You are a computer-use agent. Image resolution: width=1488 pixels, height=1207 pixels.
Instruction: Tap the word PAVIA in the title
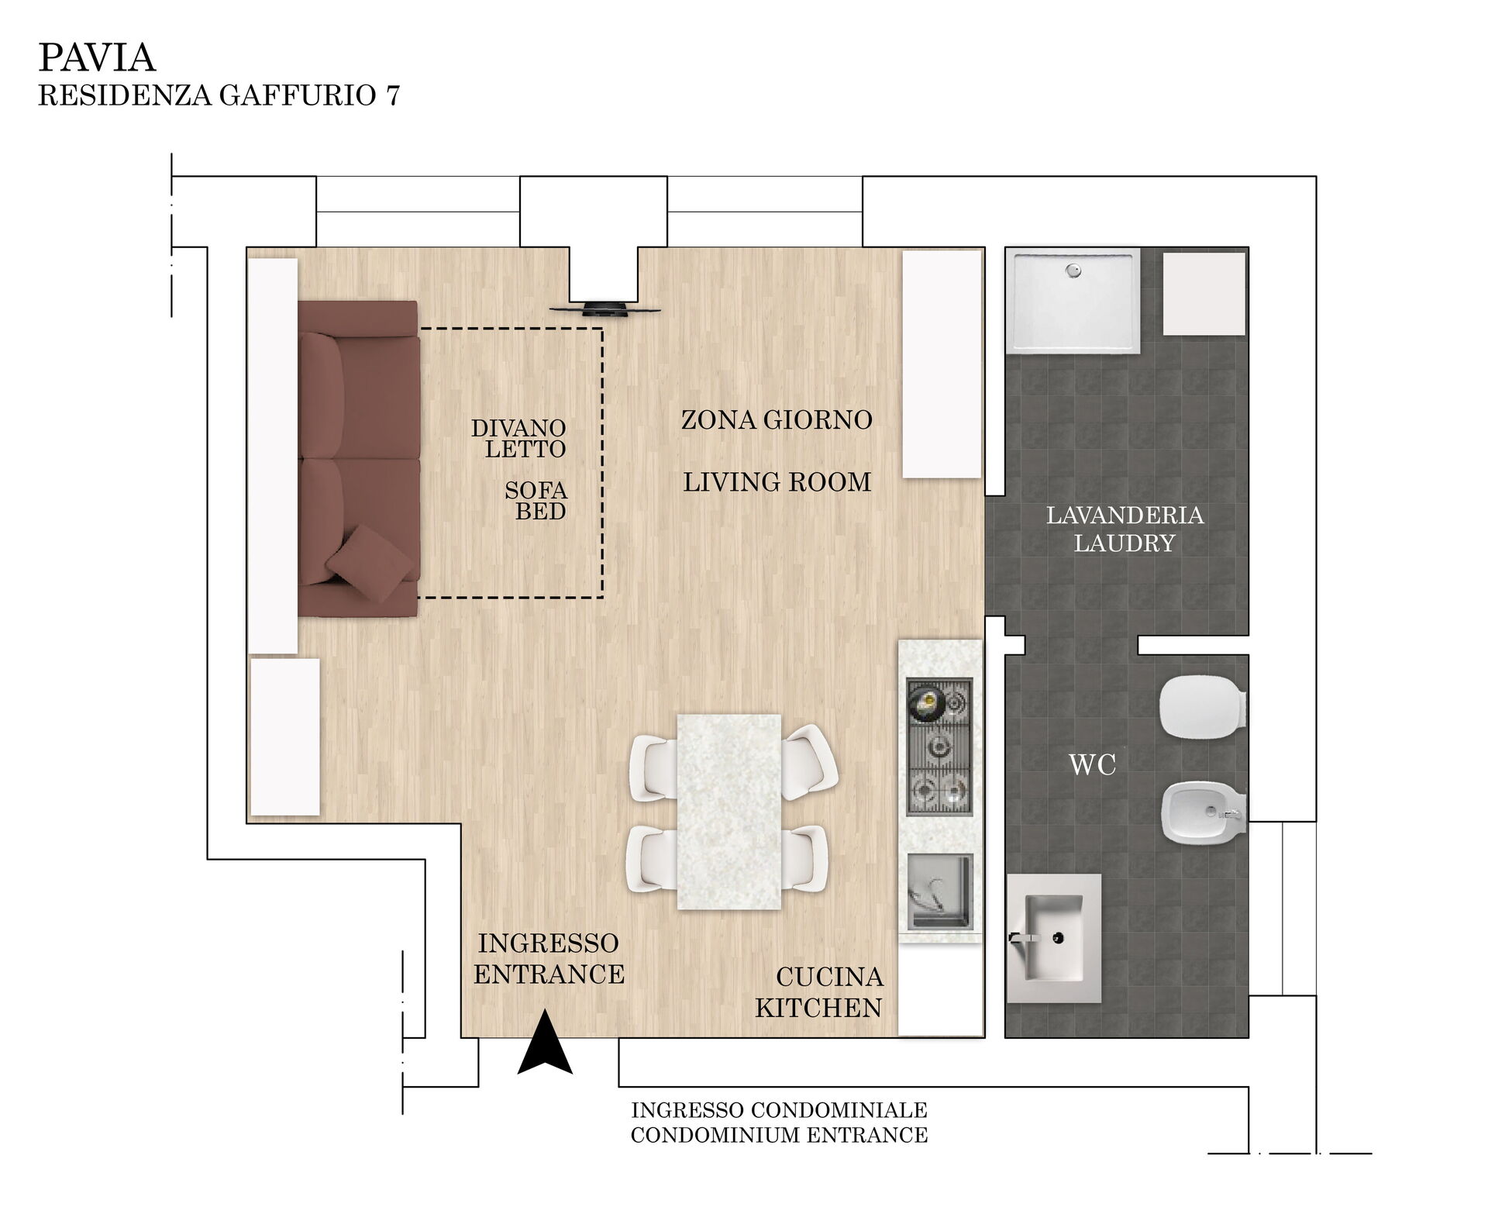(97, 57)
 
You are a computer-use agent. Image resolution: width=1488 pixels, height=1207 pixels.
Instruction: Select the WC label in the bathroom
(1093, 765)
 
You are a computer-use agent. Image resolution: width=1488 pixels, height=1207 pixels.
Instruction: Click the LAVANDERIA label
(1125, 516)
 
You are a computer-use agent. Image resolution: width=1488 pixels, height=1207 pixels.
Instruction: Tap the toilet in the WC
(1203, 707)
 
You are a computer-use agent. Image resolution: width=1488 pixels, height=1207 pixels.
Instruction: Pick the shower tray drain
(1073, 271)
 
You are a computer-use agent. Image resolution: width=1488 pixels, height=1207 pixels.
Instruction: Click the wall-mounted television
(605, 309)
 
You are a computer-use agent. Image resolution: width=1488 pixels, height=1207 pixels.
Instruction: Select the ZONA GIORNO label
(777, 420)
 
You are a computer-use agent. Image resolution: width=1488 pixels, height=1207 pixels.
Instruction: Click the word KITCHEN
(818, 1008)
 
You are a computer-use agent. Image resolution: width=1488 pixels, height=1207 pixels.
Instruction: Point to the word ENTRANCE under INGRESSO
(549, 974)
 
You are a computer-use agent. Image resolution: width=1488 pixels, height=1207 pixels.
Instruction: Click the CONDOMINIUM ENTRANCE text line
(779, 1136)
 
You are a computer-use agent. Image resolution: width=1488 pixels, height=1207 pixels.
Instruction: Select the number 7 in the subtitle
(392, 95)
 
